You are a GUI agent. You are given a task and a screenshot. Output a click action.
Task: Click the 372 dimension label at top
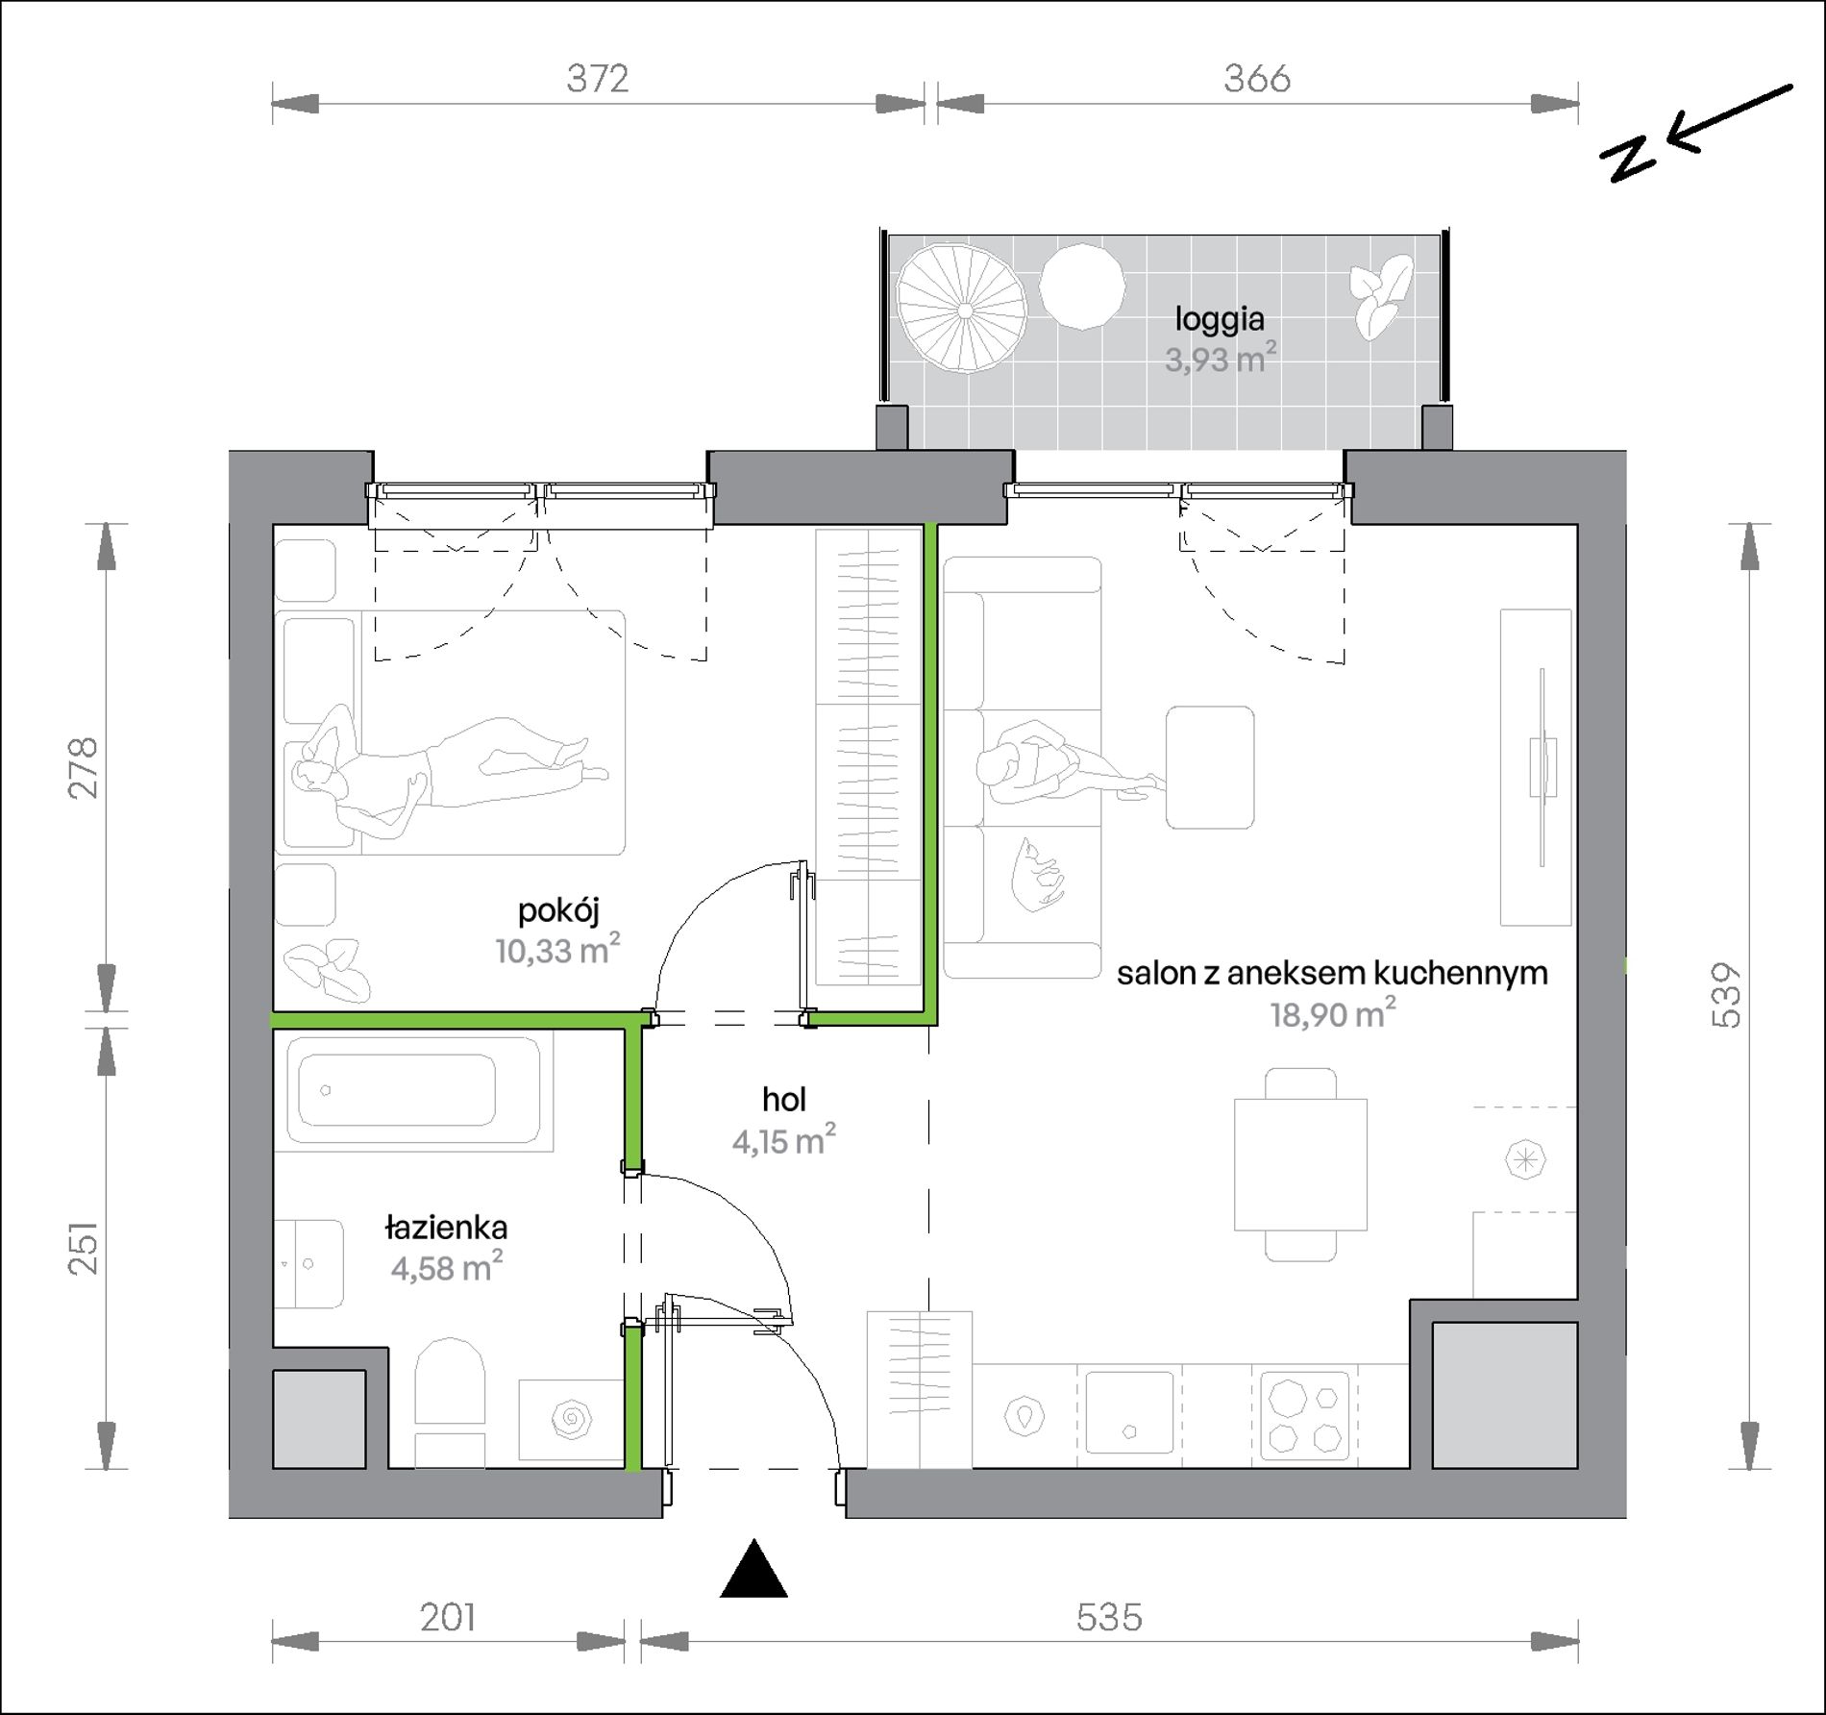coord(597,78)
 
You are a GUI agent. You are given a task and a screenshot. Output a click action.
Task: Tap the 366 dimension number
coord(1256,78)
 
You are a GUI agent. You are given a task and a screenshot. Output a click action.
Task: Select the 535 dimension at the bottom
coord(1109,1617)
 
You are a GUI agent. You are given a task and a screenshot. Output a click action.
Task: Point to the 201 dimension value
coord(448,1617)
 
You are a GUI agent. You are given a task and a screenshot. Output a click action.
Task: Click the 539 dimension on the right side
coord(1727,995)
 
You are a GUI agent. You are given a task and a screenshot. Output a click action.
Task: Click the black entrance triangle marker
coord(753,1568)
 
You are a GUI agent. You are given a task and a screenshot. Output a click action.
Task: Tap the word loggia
coord(1220,319)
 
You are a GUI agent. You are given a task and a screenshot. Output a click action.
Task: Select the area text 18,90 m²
coord(1333,1013)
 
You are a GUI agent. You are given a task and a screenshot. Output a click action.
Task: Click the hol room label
coord(783,1099)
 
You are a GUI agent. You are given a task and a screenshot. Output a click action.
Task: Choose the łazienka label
coord(447,1228)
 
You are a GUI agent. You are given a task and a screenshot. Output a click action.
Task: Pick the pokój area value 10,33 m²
coord(557,950)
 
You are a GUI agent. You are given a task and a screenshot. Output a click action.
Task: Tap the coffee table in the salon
coord(1210,767)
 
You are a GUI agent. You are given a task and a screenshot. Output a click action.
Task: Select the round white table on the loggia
coord(1082,286)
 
